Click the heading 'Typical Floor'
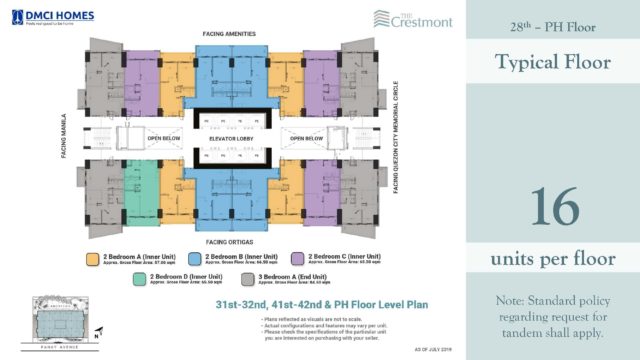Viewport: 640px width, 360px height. (x=553, y=63)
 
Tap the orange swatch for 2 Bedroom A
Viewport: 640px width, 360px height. (x=92, y=258)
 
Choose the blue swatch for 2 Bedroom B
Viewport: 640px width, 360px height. (x=191, y=258)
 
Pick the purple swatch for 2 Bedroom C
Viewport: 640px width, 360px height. (x=297, y=258)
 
